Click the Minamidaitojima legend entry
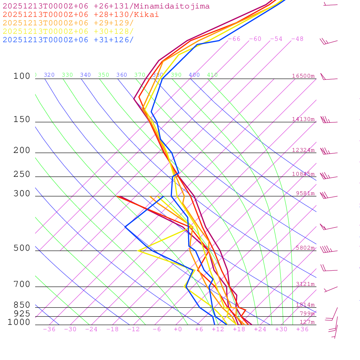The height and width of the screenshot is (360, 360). (x=106, y=6)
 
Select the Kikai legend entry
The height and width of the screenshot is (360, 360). (x=81, y=15)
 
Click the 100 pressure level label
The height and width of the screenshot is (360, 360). (x=22, y=76)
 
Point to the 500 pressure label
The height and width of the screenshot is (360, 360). (x=22, y=249)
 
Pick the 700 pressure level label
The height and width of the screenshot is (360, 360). (x=22, y=284)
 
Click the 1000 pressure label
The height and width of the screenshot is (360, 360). (x=19, y=322)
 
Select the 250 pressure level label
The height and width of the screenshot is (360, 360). (x=22, y=174)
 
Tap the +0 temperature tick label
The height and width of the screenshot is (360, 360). (x=178, y=329)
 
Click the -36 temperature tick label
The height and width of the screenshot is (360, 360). (x=49, y=329)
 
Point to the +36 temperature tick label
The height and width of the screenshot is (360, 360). (x=302, y=329)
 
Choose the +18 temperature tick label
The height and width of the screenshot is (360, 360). (x=239, y=329)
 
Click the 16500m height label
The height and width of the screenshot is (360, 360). (x=303, y=76)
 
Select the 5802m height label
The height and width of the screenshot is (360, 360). (x=305, y=248)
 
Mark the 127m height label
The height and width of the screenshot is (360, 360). (x=307, y=322)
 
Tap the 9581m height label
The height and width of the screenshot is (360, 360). (x=305, y=193)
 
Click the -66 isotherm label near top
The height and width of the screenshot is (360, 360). (x=234, y=39)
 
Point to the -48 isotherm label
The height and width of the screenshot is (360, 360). (x=297, y=39)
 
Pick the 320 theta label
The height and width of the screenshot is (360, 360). (x=49, y=75)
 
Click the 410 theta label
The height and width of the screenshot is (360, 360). (x=212, y=75)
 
